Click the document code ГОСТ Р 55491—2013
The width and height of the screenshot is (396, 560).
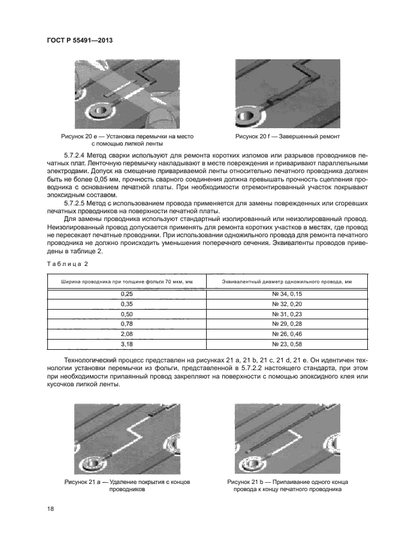pyautogui.click(x=80, y=40)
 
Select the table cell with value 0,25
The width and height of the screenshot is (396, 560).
pyautogui.click(x=126, y=295)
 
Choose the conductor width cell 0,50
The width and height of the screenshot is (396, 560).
pyautogui.click(x=126, y=314)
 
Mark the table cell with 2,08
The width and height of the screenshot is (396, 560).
pyautogui.click(x=126, y=333)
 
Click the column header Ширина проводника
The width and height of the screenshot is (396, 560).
pyautogui.click(x=126, y=281)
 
